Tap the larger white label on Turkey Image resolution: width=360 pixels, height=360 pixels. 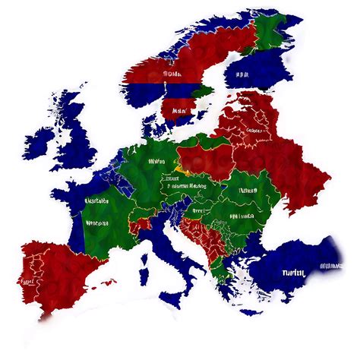[293, 273]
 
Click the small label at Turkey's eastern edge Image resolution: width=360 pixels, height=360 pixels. [331, 267]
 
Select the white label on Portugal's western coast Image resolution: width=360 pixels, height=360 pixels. [28, 281]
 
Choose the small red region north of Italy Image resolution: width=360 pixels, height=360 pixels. [138, 226]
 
